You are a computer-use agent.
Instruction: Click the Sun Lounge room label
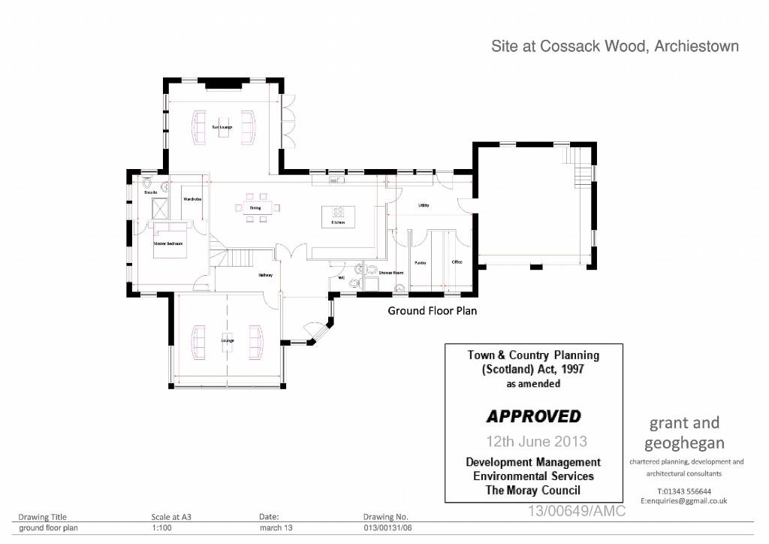point(223,127)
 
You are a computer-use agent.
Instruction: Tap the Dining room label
point(255,207)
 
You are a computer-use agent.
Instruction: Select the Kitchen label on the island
point(338,222)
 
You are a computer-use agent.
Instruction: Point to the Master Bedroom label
point(168,243)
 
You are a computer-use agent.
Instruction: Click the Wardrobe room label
point(193,199)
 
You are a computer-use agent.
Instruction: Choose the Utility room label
point(424,205)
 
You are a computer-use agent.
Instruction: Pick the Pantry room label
point(421,263)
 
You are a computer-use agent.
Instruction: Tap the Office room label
point(457,262)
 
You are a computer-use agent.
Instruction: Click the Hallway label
point(266,275)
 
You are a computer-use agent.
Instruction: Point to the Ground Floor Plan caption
point(432,310)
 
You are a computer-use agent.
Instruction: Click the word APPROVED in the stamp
point(533,416)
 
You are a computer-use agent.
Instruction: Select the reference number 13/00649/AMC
point(577,511)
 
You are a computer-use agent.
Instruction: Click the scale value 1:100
point(162,528)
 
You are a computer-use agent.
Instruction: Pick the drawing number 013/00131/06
point(386,528)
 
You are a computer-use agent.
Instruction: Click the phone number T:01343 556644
point(683,491)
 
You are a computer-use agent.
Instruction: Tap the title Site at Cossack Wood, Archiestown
point(615,47)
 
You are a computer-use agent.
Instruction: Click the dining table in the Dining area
point(255,214)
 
